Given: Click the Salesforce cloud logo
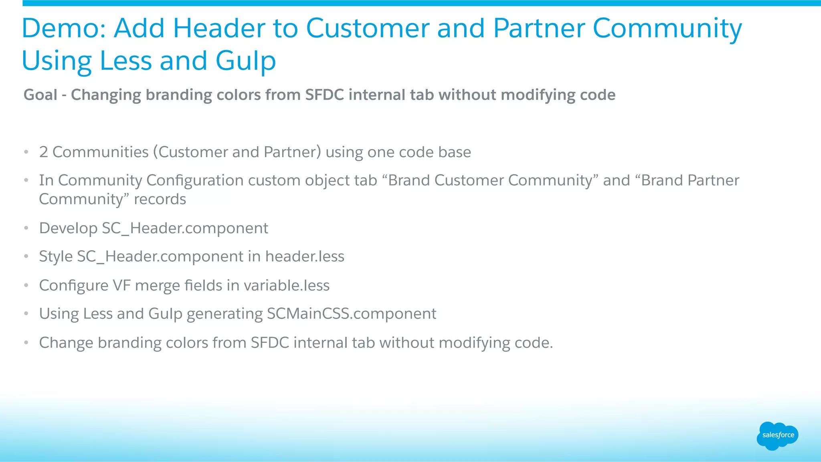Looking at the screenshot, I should (x=777, y=436).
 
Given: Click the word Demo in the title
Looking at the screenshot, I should (x=63, y=29).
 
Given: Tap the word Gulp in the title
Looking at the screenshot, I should (x=245, y=61).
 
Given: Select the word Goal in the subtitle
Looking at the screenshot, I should (x=40, y=95).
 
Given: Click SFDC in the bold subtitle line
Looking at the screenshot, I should (x=324, y=95).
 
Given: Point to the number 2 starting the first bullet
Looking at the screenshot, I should (x=43, y=152).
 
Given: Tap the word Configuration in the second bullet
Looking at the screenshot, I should (x=195, y=180).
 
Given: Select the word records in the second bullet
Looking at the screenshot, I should (x=160, y=199).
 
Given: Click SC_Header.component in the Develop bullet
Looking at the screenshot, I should (x=185, y=228).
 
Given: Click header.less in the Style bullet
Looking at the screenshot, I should (x=305, y=256).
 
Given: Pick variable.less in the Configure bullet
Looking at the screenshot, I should (x=286, y=286).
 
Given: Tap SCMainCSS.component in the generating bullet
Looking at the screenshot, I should (x=351, y=314).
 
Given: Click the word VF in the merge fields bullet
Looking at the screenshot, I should (x=121, y=286).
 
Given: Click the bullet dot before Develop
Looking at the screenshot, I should (x=26, y=228).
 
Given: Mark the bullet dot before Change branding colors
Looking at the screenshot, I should (x=26, y=343).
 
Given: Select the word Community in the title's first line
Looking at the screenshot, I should (x=667, y=29).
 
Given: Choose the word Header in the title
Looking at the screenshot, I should (x=218, y=29).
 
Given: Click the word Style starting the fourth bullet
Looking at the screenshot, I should (x=56, y=256).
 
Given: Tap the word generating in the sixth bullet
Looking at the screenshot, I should (x=224, y=314).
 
